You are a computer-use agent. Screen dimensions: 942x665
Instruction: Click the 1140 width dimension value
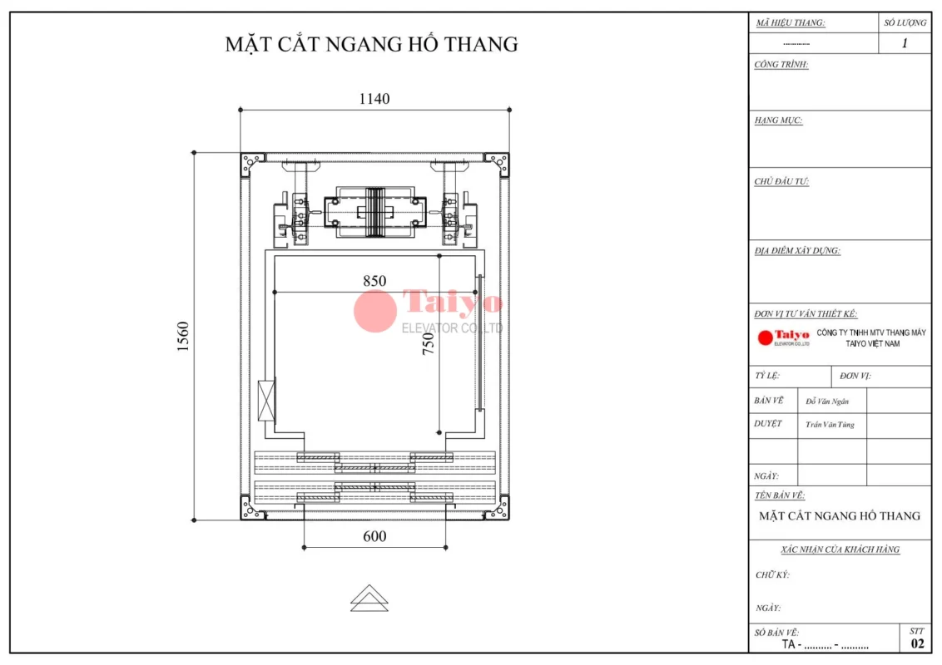coord(374,98)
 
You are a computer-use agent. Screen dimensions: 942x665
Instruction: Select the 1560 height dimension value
coord(183,336)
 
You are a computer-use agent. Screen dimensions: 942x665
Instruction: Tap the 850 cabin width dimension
coord(374,281)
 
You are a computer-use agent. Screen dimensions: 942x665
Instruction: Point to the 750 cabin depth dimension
coord(428,344)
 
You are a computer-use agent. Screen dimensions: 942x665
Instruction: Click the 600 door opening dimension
coord(374,536)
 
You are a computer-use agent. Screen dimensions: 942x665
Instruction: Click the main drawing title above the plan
coord(371,44)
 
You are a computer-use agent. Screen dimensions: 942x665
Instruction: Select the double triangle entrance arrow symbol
coord(369,598)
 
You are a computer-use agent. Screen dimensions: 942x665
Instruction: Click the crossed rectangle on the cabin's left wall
coord(266,400)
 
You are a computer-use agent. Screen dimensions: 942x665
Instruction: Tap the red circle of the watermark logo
coord(374,311)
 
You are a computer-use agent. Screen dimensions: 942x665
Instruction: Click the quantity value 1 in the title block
coord(905,43)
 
